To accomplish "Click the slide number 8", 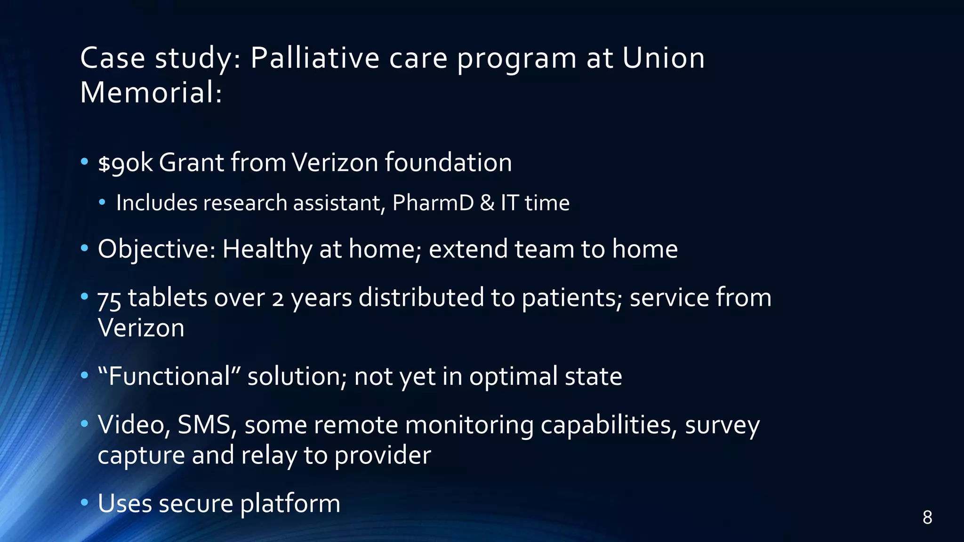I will tap(927, 518).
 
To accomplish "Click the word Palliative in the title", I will tap(314, 58).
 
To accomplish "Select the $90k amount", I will tap(125, 163).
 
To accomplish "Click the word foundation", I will tap(448, 163).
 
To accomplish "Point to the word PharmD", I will tap(433, 203).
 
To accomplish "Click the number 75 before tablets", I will tap(109, 299).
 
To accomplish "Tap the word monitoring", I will tap(469, 425).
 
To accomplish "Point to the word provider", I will tap(383, 455).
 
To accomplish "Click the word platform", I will tap(290, 504).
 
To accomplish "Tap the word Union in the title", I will tap(663, 58).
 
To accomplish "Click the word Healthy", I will tap(267, 249).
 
